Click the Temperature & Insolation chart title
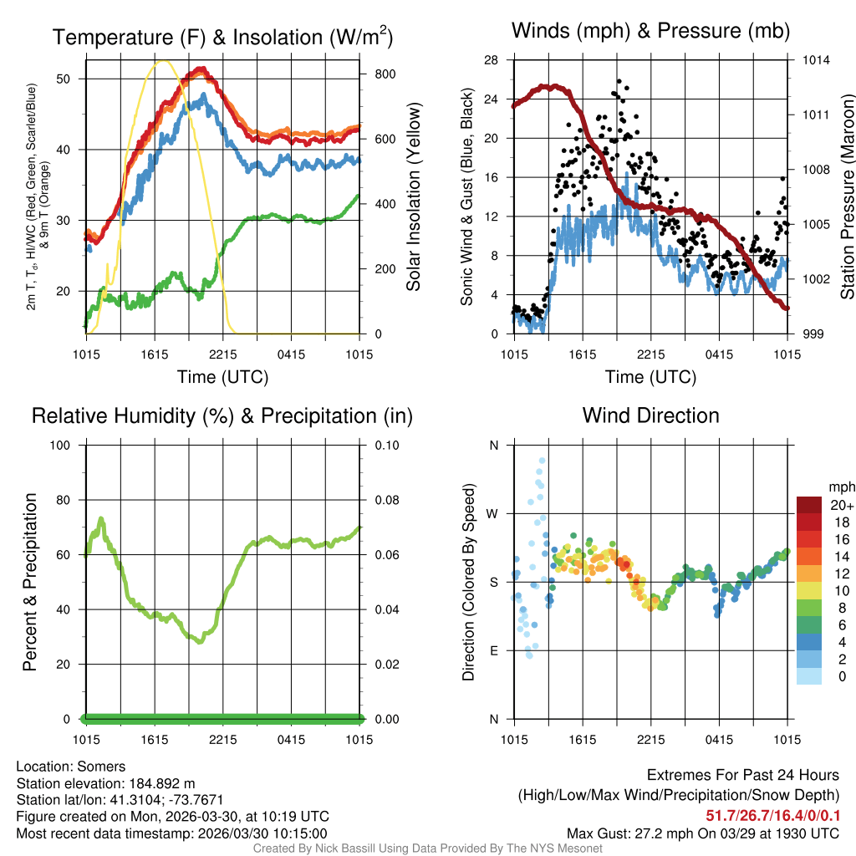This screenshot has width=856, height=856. point(222,38)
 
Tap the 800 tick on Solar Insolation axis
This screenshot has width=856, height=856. point(373,74)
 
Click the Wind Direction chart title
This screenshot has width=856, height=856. point(650,415)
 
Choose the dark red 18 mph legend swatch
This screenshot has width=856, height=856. point(808,522)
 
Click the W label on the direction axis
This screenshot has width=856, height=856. point(494,513)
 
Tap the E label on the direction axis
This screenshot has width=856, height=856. point(494,650)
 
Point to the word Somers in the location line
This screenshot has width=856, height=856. point(104,767)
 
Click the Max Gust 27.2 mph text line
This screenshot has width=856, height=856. point(703,833)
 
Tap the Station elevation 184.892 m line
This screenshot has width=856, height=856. point(105,783)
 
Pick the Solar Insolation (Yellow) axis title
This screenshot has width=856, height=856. point(413,196)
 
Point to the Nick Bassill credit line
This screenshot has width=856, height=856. point(427,848)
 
